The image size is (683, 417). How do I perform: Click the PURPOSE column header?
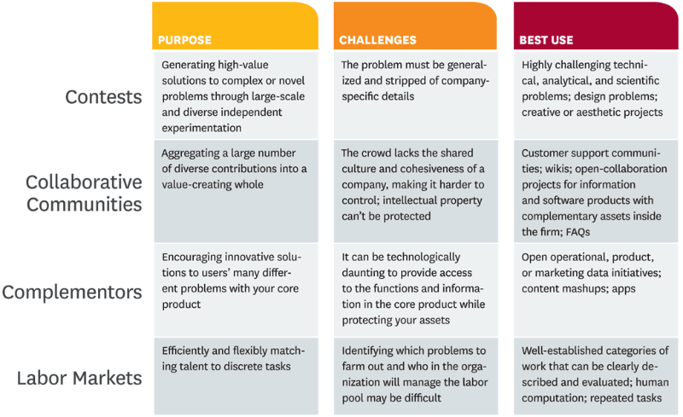[x=184, y=40]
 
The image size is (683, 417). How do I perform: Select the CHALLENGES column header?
[x=377, y=40]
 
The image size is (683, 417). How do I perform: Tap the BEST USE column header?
[x=546, y=40]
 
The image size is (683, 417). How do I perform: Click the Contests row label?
[x=103, y=97]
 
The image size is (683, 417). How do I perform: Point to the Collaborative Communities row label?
[x=84, y=194]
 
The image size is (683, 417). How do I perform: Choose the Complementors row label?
[x=72, y=292]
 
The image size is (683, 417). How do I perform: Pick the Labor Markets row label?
[x=79, y=378]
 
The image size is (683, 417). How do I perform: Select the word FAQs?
[x=578, y=232]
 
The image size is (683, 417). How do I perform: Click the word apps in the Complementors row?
[x=624, y=289]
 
